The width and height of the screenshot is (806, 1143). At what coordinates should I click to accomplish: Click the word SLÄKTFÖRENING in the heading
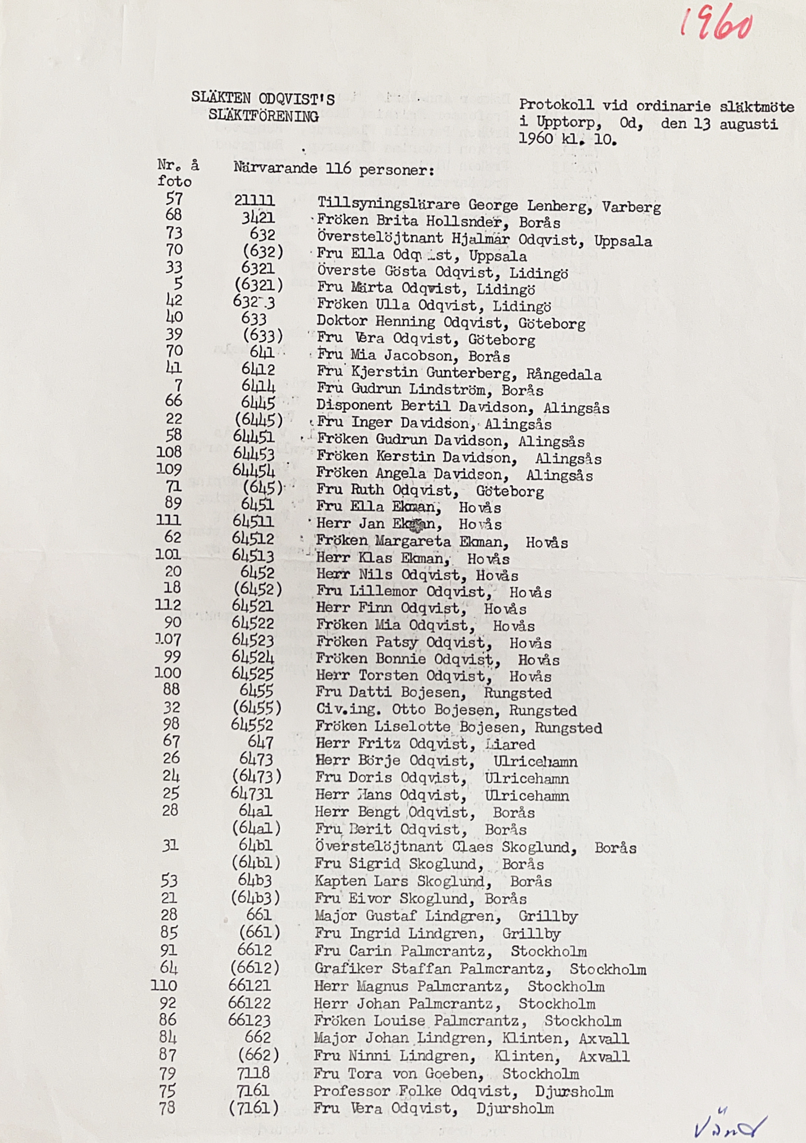263,116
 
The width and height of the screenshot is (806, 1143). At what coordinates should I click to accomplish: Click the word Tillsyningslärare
388,203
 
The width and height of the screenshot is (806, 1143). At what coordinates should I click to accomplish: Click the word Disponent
354,406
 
